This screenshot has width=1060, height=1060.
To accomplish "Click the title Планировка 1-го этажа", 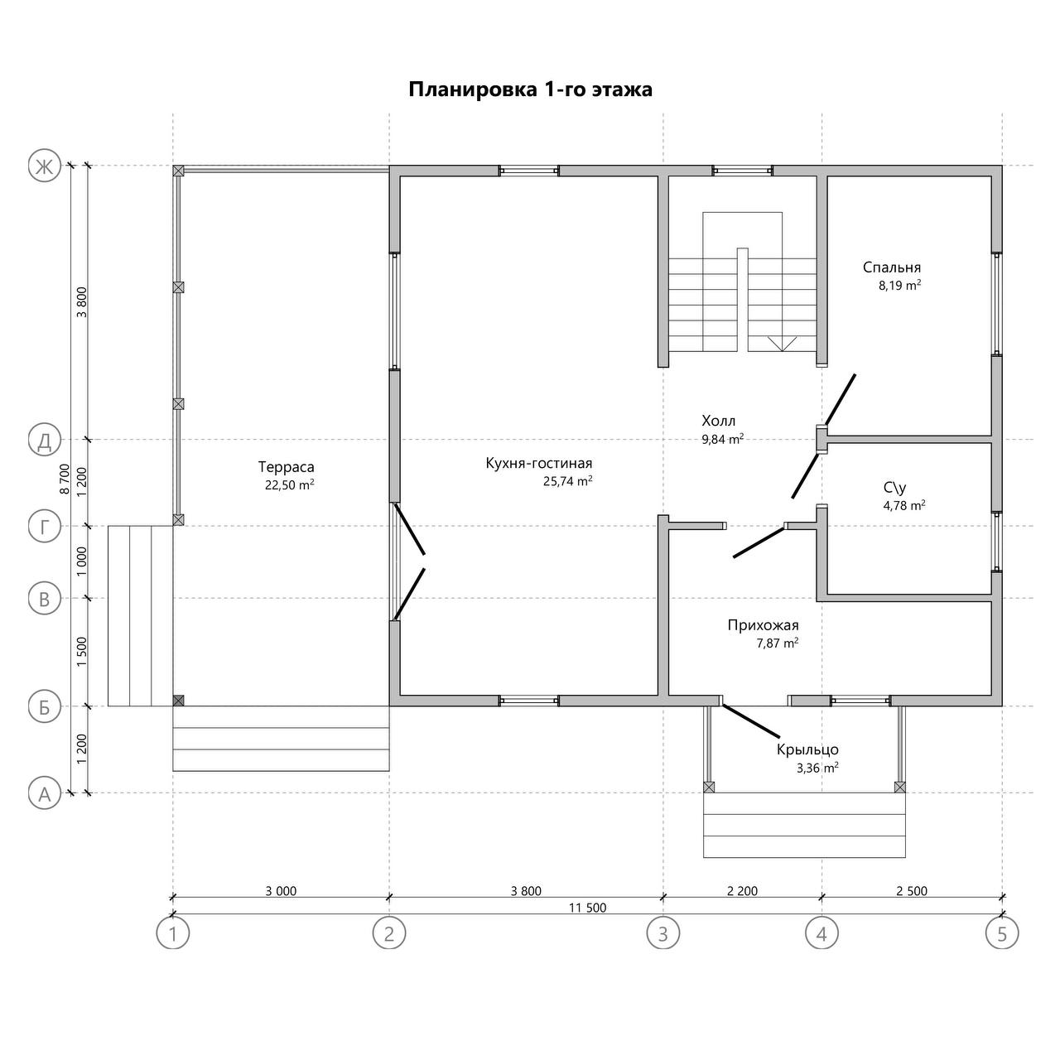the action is click(530, 89).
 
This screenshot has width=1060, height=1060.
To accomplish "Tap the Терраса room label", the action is click(286, 467).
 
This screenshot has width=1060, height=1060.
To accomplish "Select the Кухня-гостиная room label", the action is click(538, 463).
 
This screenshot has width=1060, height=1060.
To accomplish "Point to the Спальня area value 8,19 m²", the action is click(899, 285).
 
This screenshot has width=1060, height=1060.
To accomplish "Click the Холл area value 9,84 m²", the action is click(722, 439).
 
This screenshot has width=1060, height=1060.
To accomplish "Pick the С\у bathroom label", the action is click(895, 488).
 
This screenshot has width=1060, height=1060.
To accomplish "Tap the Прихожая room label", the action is click(763, 625).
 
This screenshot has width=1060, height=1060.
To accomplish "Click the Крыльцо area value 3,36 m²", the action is click(817, 768).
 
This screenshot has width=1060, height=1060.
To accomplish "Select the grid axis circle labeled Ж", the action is click(45, 166).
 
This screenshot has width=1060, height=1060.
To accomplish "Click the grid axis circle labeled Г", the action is click(45, 526).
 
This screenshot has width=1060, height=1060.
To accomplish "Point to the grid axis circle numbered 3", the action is click(662, 934).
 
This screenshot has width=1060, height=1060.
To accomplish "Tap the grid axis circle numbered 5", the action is click(1002, 934).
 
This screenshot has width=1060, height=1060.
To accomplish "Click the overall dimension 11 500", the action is click(587, 908).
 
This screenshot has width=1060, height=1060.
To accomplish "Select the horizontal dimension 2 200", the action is click(742, 891).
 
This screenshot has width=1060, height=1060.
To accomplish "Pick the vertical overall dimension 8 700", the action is click(65, 479).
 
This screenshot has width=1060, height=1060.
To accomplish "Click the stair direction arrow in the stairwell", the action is click(782, 344).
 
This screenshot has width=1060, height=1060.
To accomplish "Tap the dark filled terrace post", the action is click(178, 701).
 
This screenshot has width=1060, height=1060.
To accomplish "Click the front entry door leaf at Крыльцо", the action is click(751, 721).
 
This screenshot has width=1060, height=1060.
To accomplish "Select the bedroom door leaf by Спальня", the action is click(840, 400).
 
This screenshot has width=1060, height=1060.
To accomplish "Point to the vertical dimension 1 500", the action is click(82, 652).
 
